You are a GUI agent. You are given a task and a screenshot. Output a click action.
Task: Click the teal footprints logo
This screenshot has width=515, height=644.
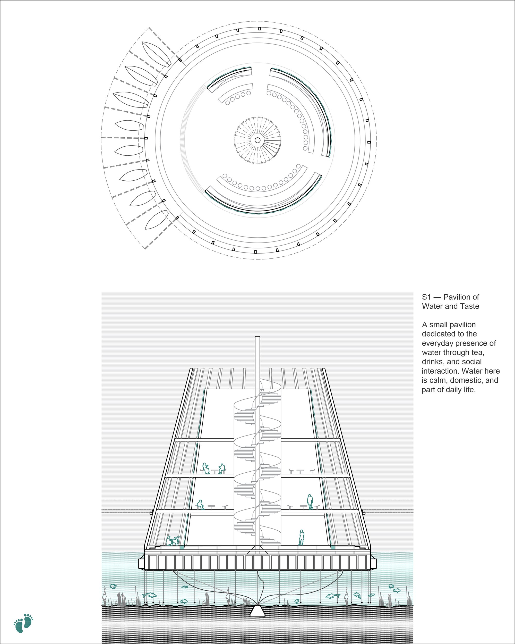(x=23, y=623)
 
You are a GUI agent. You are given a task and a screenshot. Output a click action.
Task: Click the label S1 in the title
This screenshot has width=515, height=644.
(x=426, y=297)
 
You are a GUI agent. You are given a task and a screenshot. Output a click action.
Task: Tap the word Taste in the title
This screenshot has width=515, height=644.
(x=470, y=306)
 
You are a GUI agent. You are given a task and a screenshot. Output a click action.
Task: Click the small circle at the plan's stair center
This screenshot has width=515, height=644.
(x=257, y=140)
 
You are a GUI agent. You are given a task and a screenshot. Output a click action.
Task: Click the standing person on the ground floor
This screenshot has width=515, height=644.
(x=302, y=538)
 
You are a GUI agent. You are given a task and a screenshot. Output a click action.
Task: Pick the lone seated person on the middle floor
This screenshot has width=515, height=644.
(x=200, y=505)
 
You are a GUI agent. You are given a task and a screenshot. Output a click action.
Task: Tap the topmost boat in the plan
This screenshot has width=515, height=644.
(x=156, y=54)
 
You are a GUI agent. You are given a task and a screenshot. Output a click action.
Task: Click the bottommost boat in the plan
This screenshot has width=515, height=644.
(x=157, y=220)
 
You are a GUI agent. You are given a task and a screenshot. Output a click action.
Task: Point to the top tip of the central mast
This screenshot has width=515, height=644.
(x=257, y=336)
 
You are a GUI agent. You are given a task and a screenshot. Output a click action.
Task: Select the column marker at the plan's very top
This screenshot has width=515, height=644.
(x=260, y=29)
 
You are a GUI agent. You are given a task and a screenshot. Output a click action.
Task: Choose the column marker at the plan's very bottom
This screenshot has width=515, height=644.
(x=255, y=252)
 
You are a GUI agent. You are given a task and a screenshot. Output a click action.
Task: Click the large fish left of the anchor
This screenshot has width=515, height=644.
(x=149, y=595)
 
